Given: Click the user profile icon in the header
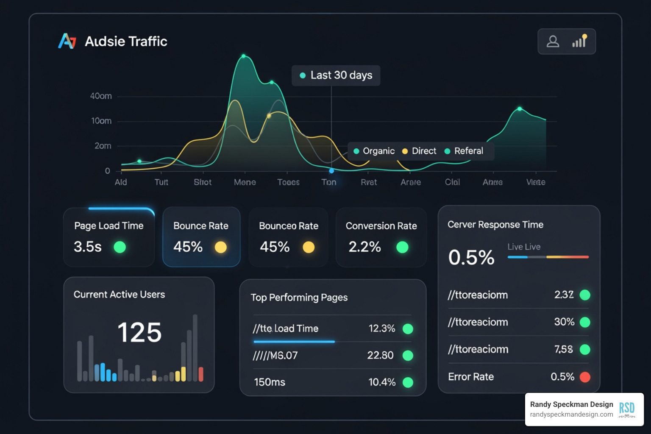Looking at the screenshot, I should click(553, 42).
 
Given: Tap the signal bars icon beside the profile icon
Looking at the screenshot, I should click(579, 41).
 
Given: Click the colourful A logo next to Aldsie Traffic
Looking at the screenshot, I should click(67, 41).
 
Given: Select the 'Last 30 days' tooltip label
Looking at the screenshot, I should click(341, 75).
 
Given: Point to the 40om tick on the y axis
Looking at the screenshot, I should click(101, 96).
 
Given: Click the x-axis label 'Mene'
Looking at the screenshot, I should click(245, 182).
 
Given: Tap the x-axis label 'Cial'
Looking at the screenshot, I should click(452, 182).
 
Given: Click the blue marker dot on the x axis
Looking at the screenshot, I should click(331, 171).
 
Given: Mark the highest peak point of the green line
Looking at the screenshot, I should click(244, 56).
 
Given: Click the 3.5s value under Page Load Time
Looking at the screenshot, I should click(88, 247).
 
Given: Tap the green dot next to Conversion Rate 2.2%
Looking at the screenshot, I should click(402, 247).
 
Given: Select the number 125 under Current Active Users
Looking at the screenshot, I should click(139, 332).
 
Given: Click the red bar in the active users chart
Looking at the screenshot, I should click(201, 374).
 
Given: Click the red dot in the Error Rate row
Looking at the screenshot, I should click(585, 377).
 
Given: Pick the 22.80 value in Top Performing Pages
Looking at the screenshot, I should click(380, 355).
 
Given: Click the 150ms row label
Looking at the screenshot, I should click(270, 382).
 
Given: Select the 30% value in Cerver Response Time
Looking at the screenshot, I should click(564, 322).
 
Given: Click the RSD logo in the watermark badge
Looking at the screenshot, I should click(627, 409).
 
